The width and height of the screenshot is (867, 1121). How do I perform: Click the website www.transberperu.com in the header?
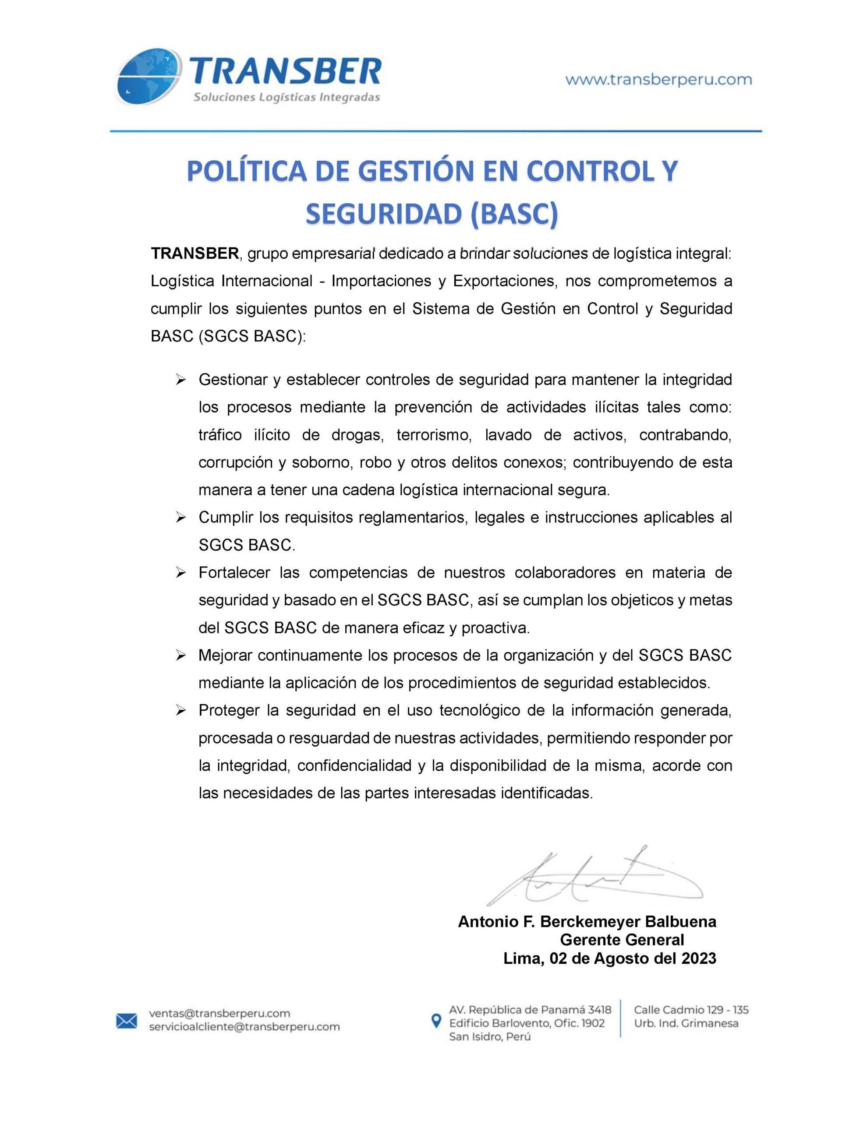(658, 80)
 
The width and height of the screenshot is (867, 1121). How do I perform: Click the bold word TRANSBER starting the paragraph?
(195, 253)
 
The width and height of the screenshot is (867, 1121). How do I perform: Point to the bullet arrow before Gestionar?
(180, 381)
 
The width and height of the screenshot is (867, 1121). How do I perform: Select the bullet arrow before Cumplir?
(180, 518)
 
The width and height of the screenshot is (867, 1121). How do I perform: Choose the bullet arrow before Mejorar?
(180, 656)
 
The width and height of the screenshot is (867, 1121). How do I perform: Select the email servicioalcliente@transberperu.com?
(244, 1027)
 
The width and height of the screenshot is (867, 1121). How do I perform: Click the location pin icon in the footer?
(436, 1021)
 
